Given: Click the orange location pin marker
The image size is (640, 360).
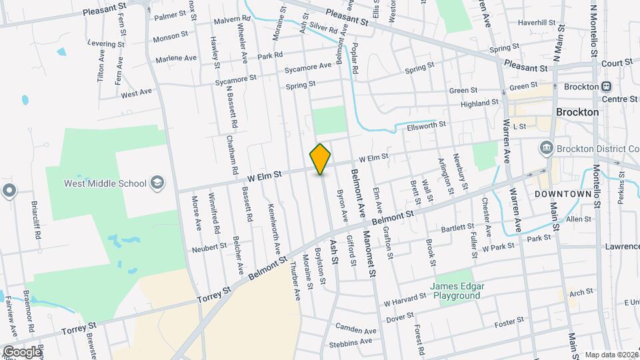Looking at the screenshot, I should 321,159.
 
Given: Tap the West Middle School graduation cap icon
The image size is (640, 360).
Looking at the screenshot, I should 157,183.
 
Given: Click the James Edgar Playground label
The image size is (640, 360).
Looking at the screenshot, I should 457,291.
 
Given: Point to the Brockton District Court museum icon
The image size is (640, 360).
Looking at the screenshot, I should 546,148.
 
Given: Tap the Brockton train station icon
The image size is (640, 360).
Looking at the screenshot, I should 607,87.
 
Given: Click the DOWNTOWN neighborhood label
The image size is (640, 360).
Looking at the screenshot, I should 563,194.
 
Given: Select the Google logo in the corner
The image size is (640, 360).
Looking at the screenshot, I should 22,351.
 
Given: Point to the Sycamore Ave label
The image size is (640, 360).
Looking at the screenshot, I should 307,67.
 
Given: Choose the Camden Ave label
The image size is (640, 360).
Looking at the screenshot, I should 356,330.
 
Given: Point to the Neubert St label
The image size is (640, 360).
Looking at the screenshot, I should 209,247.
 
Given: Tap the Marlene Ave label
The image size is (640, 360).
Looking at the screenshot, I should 176,59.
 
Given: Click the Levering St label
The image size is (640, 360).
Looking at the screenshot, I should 105,43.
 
